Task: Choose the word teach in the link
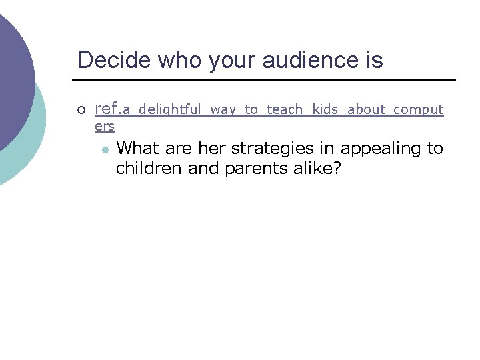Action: point(285,110)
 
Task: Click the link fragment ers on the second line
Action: point(105,126)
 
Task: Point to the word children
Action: point(149,169)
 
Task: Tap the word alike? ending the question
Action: point(317,169)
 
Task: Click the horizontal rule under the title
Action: point(267,80)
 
